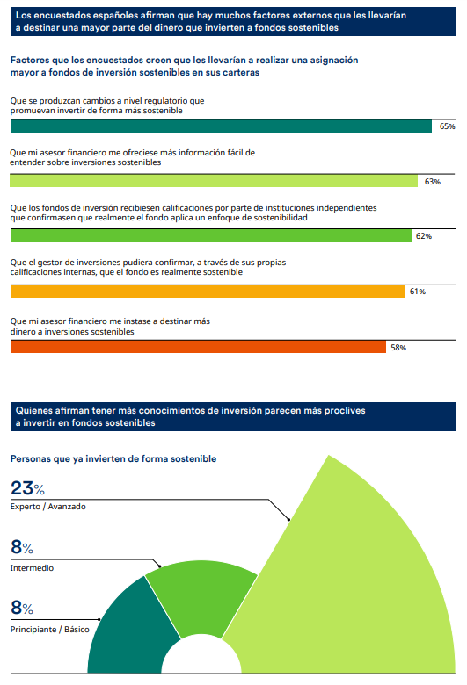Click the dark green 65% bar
point(221,126)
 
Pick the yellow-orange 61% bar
point(207,291)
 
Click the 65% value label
point(447,126)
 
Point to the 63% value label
point(432,182)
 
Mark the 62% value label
point(423,236)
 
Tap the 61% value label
point(417,292)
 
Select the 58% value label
point(398,347)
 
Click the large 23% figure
point(28,489)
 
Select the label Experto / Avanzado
point(47,507)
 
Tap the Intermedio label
point(32,568)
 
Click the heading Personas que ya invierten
point(113,458)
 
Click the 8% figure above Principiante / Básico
point(22,609)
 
